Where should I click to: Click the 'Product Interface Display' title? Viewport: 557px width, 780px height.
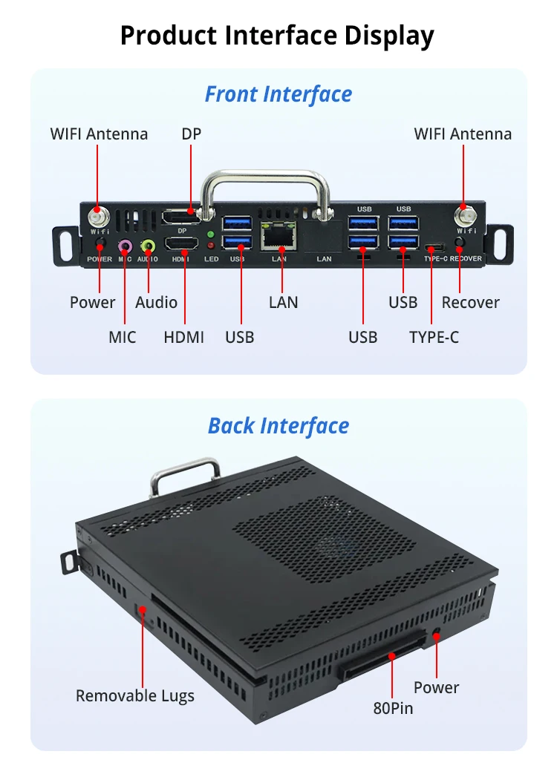pos(278,35)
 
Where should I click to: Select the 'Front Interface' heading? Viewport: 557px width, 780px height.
pos(278,95)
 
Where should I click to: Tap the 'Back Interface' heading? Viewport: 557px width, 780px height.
pos(278,426)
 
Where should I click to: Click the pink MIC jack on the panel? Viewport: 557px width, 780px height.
pos(125,246)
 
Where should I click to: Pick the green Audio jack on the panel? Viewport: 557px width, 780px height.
pos(149,246)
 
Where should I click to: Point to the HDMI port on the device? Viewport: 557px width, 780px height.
pos(181,244)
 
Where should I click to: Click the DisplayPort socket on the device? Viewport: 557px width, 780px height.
pos(182,217)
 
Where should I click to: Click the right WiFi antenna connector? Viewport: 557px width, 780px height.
pos(463,216)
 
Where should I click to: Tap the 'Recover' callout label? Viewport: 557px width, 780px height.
pos(470,302)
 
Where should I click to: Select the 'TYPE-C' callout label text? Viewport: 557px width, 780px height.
pos(434,337)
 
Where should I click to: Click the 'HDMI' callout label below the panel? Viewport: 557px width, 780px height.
pos(183,337)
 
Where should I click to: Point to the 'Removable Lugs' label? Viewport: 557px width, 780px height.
pos(134,695)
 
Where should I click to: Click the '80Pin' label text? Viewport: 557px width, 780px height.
pos(393,708)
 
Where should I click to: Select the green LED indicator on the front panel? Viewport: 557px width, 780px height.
pos(211,234)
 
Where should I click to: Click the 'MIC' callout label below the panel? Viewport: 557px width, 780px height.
pos(123,337)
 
